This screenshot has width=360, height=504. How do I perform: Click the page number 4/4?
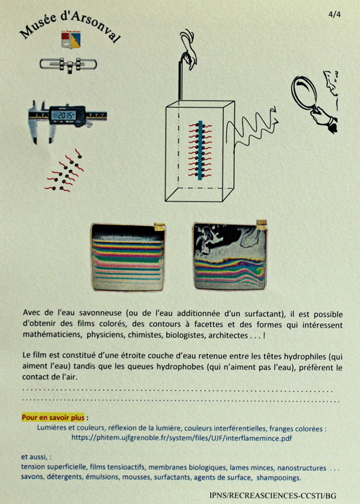[x=334, y=14]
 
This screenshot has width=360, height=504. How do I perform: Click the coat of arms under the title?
[x=71, y=40]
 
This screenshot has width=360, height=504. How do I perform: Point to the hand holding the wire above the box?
[x=189, y=48]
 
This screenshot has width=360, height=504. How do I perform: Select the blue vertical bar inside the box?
[x=200, y=150]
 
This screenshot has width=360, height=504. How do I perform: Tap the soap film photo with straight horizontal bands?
[x=128, y=257]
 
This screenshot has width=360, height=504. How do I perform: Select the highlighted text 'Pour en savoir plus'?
[x=53, y=418]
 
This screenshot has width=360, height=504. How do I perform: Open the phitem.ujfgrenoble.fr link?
[x=181, y=438]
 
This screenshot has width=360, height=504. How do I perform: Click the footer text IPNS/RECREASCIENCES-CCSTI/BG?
[x=273, y=495]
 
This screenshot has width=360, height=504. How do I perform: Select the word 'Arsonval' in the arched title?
[x=96, y=26]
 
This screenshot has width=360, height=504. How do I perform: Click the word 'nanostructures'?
[x=302, y=468]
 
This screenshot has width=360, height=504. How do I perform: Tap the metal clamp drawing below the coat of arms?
[x=68, y=65]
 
